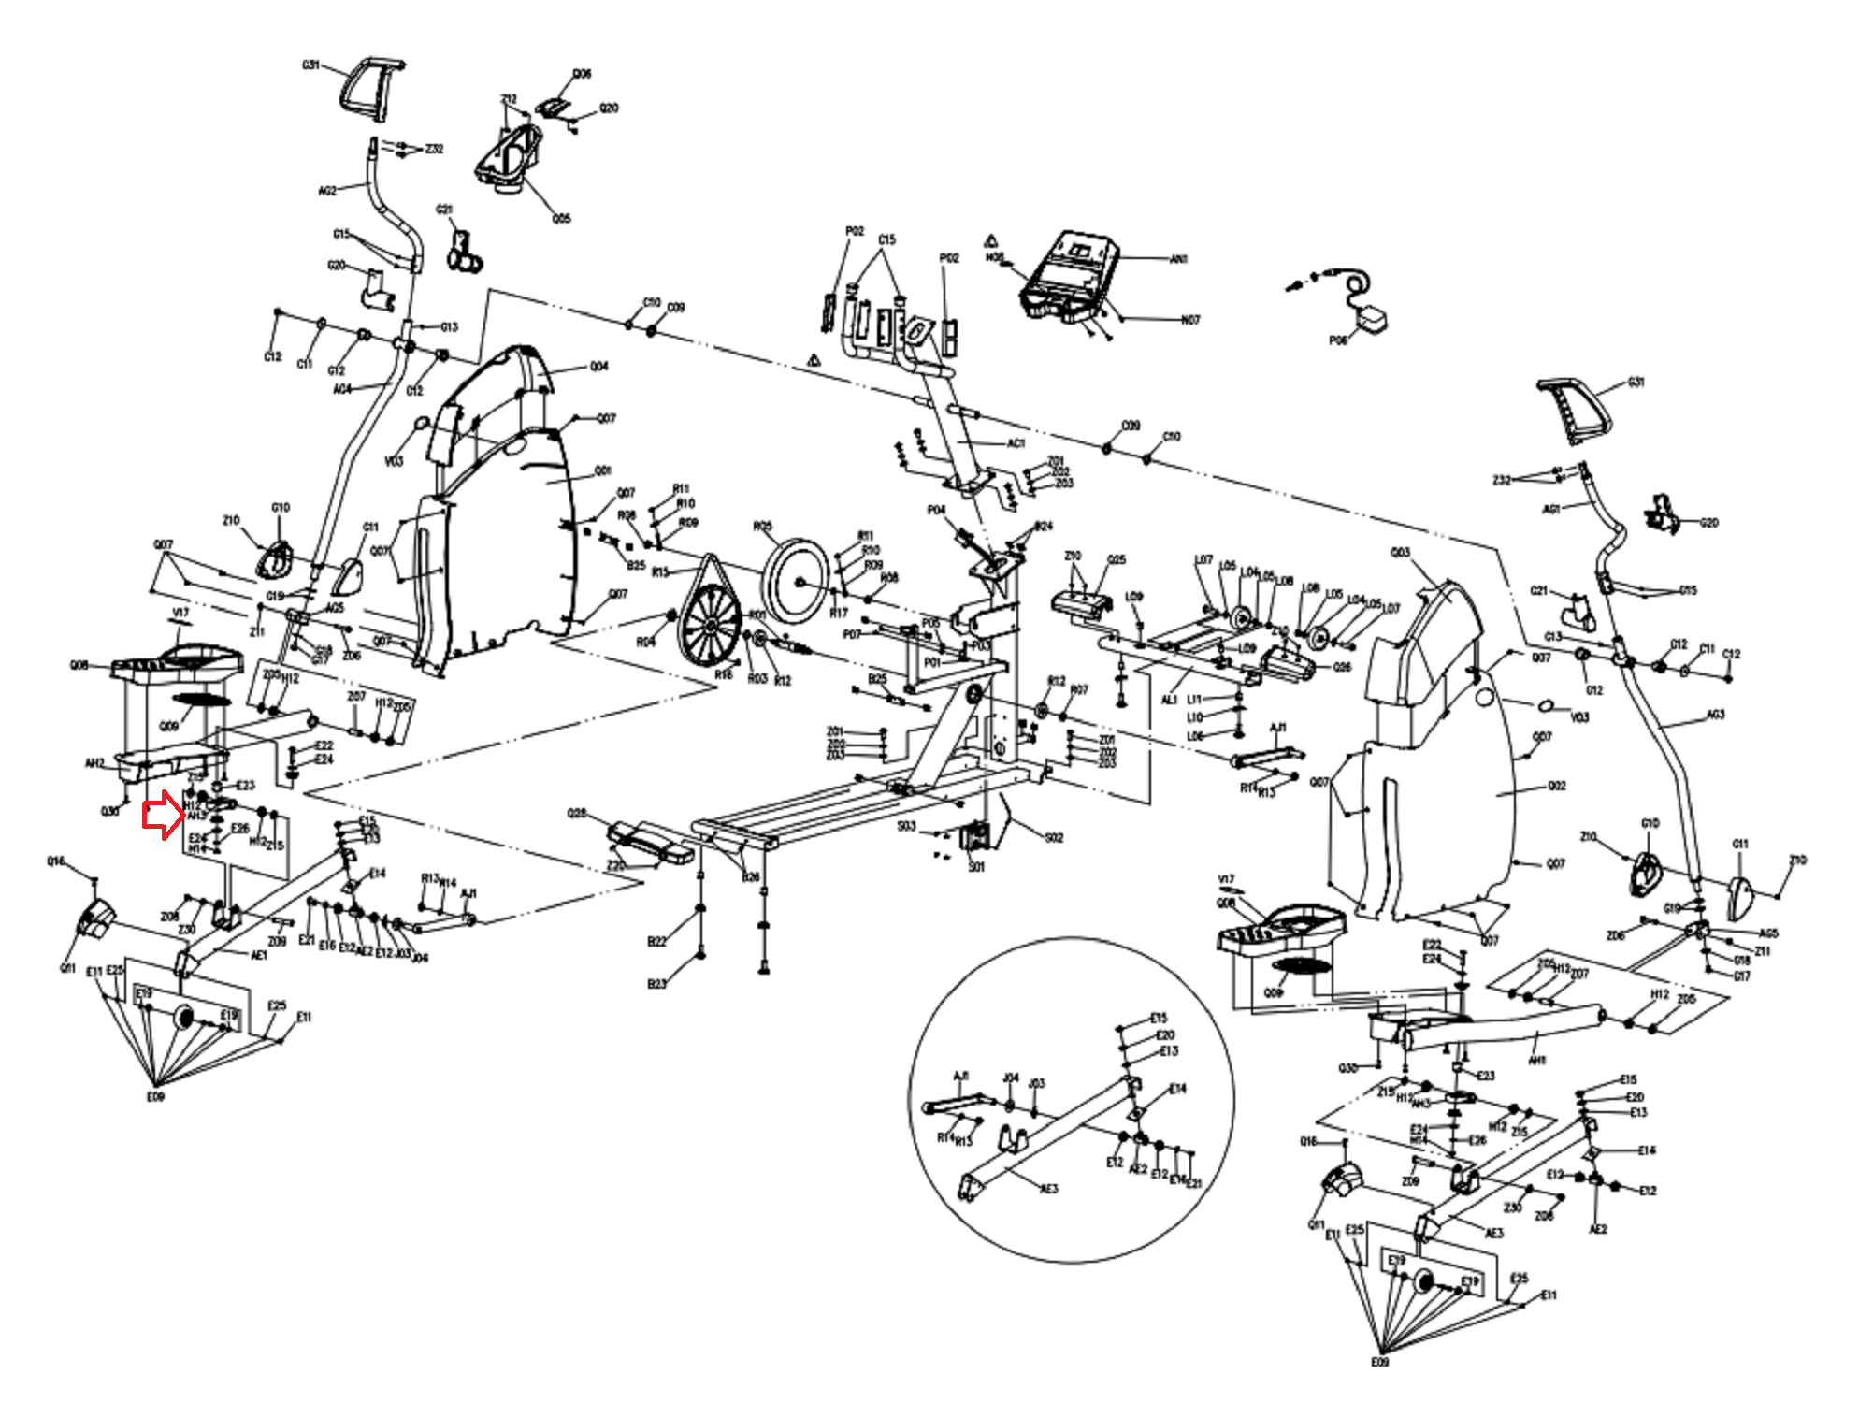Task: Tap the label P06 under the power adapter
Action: (x=1338, y=340)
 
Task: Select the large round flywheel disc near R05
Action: (x=797, y=580)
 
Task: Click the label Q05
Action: (x=561, y=219)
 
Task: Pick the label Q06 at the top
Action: (x=582, y=74)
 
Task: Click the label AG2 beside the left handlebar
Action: (x=327, y=191)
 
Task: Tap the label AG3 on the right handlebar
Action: (x=1715, y=716)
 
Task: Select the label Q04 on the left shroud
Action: (x=598, y=367)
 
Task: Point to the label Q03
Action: (x=1400, y=553)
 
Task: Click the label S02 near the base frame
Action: (x=1054, y=838)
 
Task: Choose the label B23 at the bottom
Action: (x=657, y=984)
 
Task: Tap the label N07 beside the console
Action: (x=1189, y=320)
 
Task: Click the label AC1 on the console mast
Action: (x=1016, y=443)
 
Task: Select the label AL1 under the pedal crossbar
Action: (x=1169, y=700)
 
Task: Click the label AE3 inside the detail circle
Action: (x=1049, y=1189)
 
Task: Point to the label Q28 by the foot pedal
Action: (x=577, y=814)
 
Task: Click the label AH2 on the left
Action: (x=94, y=764)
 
